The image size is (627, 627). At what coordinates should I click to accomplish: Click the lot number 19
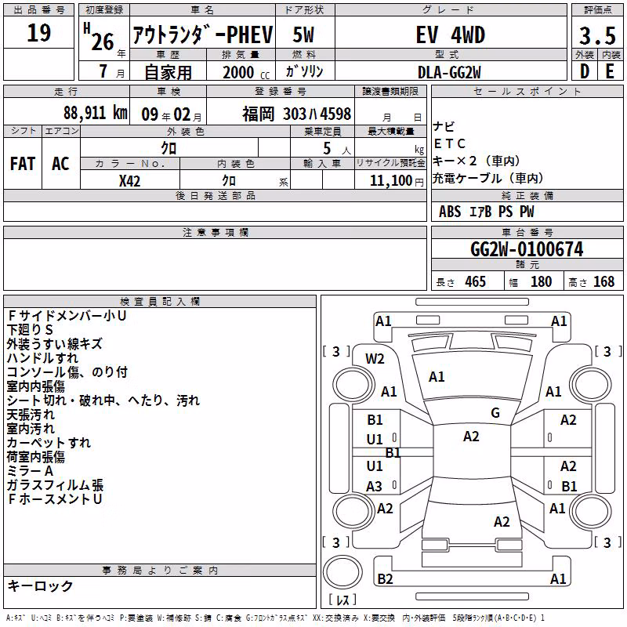[38, 33]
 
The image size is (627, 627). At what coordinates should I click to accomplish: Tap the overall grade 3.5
[597, 36]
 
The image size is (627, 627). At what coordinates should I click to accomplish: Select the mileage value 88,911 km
[96, 113]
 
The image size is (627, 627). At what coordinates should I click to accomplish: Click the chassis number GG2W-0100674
[527, 249]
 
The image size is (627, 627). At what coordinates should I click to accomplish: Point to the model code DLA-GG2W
[449, 72]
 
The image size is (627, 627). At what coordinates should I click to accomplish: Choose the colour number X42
[129, 181]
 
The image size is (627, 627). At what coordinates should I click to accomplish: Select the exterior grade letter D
[585, 71]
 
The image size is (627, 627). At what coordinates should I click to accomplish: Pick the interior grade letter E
[610, 71]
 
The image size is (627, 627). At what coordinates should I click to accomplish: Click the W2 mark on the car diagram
[375, 359]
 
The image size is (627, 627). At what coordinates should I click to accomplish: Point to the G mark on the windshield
[495, 413]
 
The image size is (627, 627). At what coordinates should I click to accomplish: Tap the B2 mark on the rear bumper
[385, 578]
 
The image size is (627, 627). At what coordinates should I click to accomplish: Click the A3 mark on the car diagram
[375, 486]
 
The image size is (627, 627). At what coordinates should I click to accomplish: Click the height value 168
[603, 281]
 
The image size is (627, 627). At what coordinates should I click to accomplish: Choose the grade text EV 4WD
[450, 34]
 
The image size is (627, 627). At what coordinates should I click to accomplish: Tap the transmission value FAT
[23, 164]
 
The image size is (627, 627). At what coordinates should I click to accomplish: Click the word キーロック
[40, 585]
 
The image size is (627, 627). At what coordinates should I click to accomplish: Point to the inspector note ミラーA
[30, 471]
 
